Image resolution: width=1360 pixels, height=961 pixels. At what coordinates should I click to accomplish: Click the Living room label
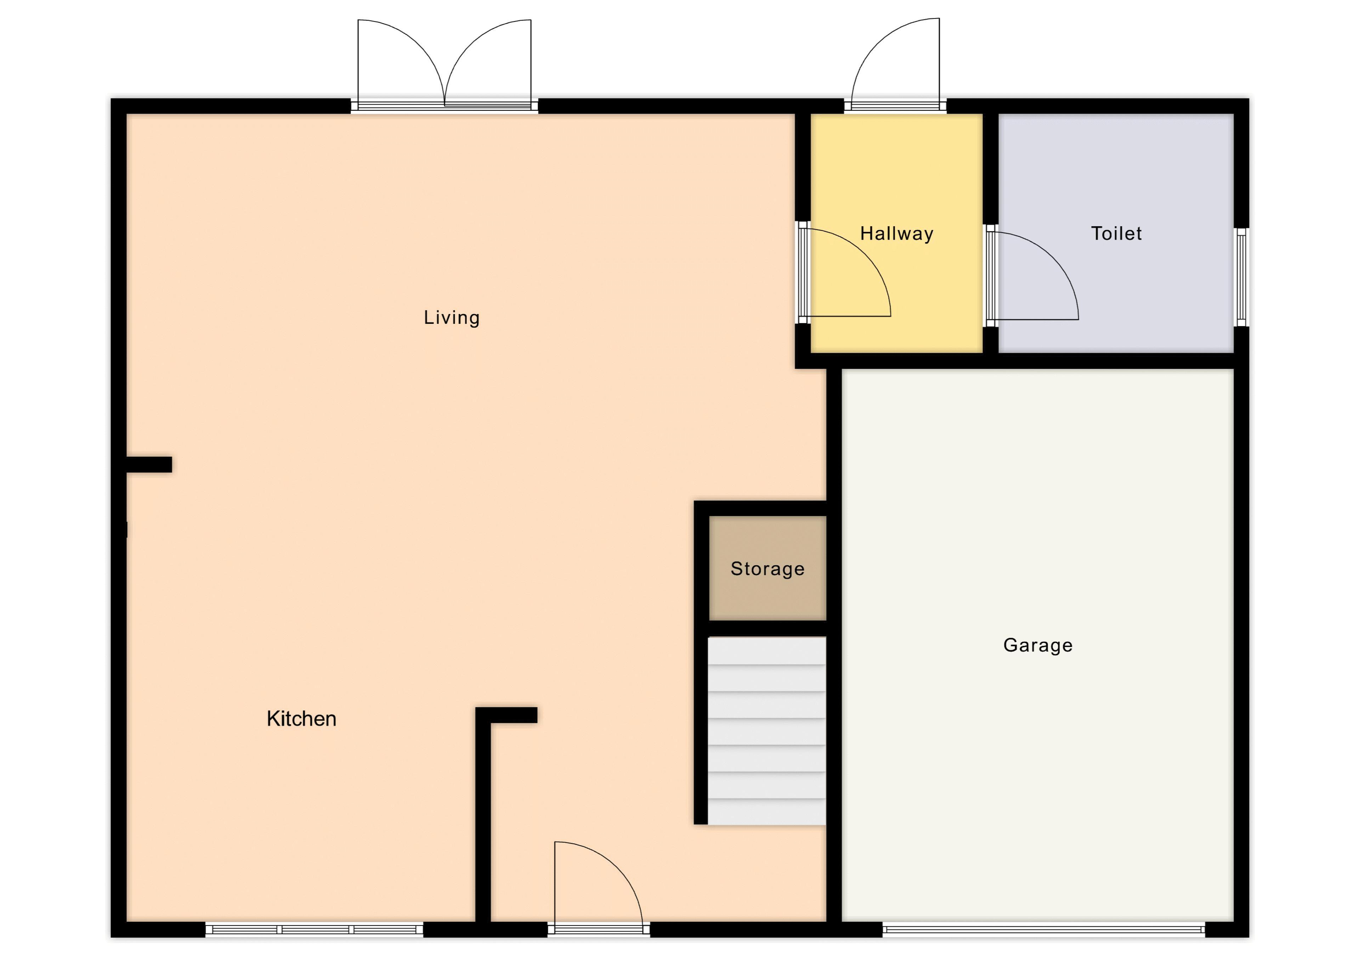click(451, 318)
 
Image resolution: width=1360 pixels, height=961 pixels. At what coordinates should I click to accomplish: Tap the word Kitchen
click(301, 719)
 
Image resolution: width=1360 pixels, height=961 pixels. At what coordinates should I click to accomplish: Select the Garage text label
click(1038, 645)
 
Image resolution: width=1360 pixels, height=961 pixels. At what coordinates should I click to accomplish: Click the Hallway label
click(897, 234)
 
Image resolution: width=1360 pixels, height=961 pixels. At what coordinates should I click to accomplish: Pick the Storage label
click(768, 569)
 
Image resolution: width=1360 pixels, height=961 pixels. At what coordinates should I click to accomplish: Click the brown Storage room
click(768, 568)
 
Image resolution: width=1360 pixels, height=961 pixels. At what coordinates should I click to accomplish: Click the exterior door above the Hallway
click(895, 65)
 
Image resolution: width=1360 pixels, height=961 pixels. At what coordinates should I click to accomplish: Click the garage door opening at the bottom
click(1044, 929)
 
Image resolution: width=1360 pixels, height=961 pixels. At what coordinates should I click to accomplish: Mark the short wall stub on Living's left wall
click(149, 464)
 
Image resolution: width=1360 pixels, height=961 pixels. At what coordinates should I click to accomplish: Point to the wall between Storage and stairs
click(768, 629)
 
